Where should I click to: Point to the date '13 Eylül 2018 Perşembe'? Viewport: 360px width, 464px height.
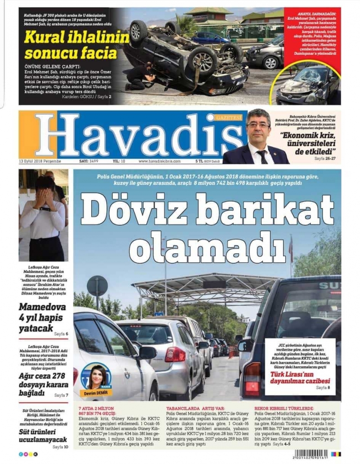pos(40,161)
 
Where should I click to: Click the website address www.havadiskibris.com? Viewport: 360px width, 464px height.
pos(159,161)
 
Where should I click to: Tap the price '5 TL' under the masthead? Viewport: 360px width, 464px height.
pos(199,161)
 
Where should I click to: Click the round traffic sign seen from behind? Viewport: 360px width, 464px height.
pos(97,286)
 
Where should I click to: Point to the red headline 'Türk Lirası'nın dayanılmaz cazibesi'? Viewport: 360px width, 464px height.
pos(300,376)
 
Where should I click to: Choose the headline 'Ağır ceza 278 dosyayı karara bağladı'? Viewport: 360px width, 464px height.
pos(43,385)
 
